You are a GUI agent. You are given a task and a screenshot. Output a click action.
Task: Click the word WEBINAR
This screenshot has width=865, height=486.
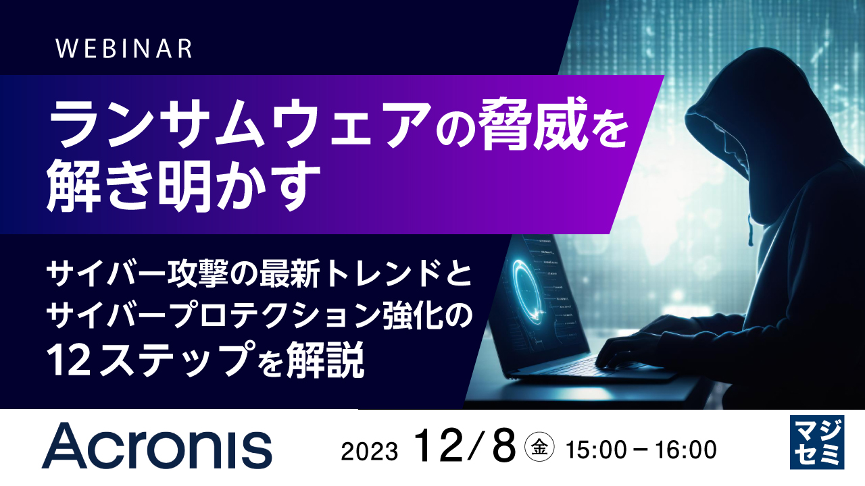124,49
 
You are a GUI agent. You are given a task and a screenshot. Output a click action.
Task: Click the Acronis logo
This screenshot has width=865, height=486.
157,446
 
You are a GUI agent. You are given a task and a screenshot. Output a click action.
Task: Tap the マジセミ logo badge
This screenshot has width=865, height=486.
816,442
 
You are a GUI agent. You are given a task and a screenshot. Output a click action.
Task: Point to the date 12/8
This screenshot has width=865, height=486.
466,445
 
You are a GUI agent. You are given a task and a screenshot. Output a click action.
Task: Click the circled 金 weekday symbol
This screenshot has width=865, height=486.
540,446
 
